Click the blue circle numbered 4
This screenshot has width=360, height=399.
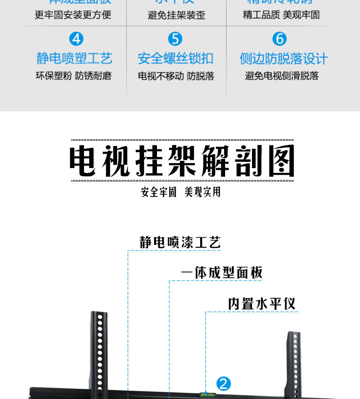click(76, 39)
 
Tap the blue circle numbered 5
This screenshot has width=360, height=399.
click(175, 39)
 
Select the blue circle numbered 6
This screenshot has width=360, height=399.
click(279, 39)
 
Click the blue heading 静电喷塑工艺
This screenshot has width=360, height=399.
click(74, 59)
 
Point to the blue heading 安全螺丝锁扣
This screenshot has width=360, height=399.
click(175, 59)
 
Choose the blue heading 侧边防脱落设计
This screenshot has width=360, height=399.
click(283, 59)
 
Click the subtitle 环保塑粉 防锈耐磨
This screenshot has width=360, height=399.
click(74, 76)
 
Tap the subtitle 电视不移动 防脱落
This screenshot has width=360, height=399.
click(176, 76)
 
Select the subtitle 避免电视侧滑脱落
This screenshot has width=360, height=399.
click(282, 76)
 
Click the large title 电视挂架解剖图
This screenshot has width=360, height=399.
click(181, 161)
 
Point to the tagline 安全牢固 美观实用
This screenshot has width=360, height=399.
click(180, 192)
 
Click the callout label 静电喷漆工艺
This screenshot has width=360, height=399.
click(180, 242)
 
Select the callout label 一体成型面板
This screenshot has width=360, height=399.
click(222, 273)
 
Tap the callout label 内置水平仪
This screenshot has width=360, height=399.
click(262, 303)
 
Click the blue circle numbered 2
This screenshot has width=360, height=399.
click(224, 384)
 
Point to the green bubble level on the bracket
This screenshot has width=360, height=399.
click(207, 395)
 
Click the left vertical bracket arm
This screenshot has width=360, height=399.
click(99, 353)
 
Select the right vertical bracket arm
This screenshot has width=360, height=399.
click(294, 363)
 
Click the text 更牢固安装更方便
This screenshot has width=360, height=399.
click(73, 15)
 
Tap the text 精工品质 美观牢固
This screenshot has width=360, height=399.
click(281, 15)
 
